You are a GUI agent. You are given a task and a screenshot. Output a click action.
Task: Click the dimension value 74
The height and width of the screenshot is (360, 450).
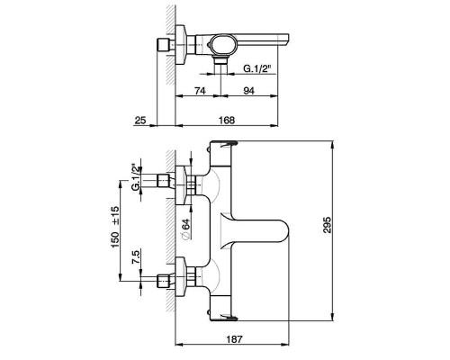(200, 90)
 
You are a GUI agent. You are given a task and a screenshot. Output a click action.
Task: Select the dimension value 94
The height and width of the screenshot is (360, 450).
(248, 90)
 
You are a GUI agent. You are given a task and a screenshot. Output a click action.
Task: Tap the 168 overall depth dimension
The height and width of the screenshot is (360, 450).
(227, 120)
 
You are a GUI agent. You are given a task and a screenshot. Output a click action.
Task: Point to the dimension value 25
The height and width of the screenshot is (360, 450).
(140, 120)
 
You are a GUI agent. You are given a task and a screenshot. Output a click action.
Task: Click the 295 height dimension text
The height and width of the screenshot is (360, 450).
(327, 225)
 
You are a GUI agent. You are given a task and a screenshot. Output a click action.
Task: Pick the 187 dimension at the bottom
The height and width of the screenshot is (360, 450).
(234, 339)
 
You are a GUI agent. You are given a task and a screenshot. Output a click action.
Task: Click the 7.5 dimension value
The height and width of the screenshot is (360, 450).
(136, 257)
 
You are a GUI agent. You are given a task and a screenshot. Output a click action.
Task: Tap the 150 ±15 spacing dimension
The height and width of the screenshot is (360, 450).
(115, 227)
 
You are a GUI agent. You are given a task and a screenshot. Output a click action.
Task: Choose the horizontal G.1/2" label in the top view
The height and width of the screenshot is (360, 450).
(257, 68)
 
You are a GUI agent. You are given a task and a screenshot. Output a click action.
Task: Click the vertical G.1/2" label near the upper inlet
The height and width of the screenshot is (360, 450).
(137, 177)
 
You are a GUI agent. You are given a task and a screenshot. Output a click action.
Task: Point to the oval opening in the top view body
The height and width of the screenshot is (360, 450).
(224, 44)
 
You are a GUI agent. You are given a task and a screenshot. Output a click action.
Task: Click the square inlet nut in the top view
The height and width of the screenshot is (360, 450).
(163, 45)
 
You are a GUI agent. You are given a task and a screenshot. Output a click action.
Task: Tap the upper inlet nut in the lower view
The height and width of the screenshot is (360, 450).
(164, 182)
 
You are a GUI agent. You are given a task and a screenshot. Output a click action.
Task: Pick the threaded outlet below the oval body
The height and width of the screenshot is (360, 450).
(221, 60)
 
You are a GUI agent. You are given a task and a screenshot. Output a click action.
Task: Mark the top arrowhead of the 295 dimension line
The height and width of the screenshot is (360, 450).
(332, 146)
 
